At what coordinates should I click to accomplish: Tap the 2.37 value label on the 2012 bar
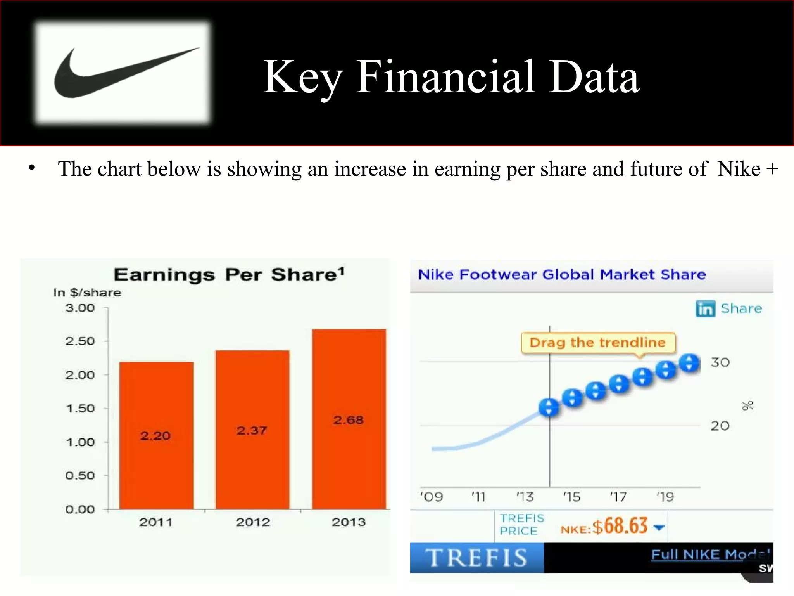point(252,430)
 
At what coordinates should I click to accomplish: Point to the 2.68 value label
point(348,420)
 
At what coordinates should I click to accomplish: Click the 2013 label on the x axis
point(349,522)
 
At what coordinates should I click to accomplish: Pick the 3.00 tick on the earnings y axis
point(80,308)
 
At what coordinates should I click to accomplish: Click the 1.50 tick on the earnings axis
point(80,408)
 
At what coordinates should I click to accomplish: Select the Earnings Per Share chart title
point(229,275)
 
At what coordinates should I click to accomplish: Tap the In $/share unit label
point(87,293)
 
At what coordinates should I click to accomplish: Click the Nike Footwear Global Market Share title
point(562,275)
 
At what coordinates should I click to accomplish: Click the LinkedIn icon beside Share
point(705,309)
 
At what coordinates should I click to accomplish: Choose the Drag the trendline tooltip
point(597,343)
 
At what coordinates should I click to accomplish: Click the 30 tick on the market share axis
point(720,362)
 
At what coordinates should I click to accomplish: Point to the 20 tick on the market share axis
point(720,426)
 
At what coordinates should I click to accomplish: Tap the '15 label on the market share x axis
point(572,497)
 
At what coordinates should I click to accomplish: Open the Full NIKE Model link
point(709,554)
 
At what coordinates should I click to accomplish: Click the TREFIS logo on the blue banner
point(476,558)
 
